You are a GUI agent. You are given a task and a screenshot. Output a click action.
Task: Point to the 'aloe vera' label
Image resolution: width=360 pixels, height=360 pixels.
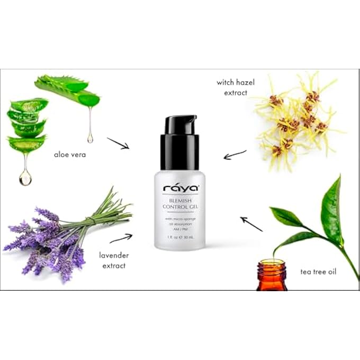coord(70,155)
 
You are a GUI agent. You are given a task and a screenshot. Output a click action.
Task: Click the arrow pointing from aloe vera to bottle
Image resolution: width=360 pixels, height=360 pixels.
coord(118,143)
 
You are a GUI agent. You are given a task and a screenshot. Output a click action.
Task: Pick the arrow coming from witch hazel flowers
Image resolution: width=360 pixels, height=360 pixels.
coord(235,155)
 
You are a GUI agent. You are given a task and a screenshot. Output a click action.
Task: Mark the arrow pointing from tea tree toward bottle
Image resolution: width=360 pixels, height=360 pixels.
coord(251,224)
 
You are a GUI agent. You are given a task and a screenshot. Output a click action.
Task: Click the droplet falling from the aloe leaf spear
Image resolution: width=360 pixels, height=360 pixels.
coord(90,137)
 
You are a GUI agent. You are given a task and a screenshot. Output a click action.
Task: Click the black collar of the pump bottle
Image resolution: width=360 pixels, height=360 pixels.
coord(179,151)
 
